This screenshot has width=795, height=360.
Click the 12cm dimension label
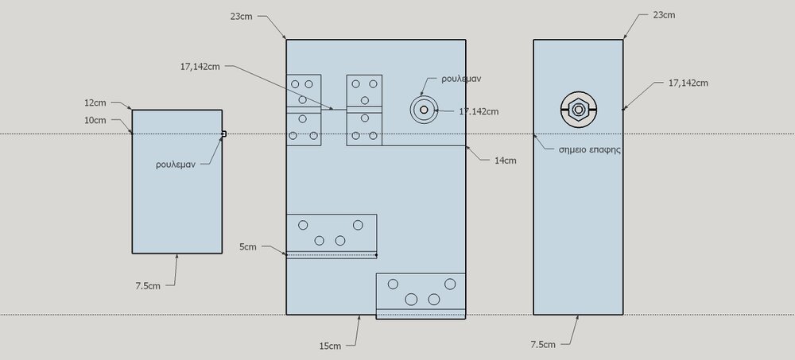[x=95, y=103]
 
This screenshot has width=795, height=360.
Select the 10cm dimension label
[x=95, y=120]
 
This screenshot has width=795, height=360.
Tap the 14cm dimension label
[x=506, y=161]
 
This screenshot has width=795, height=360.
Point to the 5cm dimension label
[x=248, y=247]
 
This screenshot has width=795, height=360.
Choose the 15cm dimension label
[x=330, y=346]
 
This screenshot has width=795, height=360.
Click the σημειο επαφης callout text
[x=590, y=150]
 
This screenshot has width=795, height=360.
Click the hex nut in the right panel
[x=579, y=110]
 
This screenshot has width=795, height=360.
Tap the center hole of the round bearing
[x=424, y=110]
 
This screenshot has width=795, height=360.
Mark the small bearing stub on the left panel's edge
[x=224, y=134]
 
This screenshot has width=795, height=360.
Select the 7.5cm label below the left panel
[x=148, y=286]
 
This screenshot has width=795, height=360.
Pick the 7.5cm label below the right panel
[x=543, y=345]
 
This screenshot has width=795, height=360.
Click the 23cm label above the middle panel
[x=242, y=16]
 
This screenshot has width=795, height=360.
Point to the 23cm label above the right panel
[x=664, y=15]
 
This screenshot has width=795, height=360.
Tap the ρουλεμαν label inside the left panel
[x=176, y=165]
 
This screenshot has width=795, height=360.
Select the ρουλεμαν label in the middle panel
[x=461, y=79]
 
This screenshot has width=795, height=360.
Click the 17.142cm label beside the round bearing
[x=479, y=111]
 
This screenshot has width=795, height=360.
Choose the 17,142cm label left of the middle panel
[x=200, y=67]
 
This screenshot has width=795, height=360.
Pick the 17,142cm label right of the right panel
[x=688, y=83]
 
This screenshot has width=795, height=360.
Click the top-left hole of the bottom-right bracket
[x=393, y=285]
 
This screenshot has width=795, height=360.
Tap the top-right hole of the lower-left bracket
[x=358, y=225]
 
